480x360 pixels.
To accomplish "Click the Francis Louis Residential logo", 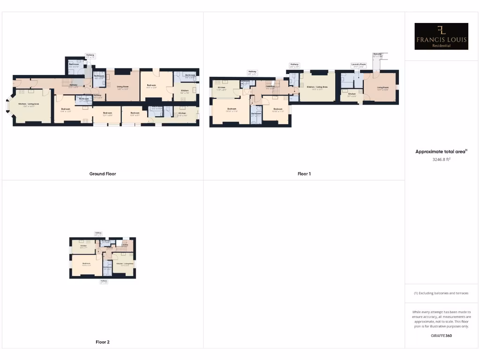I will click(442, 37).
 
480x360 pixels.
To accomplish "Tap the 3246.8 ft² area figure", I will click(442, 159).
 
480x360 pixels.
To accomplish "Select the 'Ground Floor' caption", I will click(103, 174).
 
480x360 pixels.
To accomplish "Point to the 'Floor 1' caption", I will click(304, 174).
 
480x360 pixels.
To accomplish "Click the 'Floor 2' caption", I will click(103, 342).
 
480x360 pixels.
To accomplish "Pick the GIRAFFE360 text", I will click(442, 336).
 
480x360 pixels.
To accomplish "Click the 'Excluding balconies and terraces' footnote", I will click(442, 293).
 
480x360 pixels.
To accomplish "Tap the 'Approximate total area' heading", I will click(442, 151).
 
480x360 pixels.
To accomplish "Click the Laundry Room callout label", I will click(359, 65).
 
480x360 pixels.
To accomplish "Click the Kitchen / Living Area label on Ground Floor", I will click(29, 105).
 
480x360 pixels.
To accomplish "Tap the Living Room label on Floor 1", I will click(383, 88).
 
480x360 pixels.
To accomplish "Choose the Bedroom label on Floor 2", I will click(86, 264).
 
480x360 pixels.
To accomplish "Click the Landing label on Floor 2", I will click(125, 245).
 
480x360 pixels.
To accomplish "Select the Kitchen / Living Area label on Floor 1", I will click(317, 88).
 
